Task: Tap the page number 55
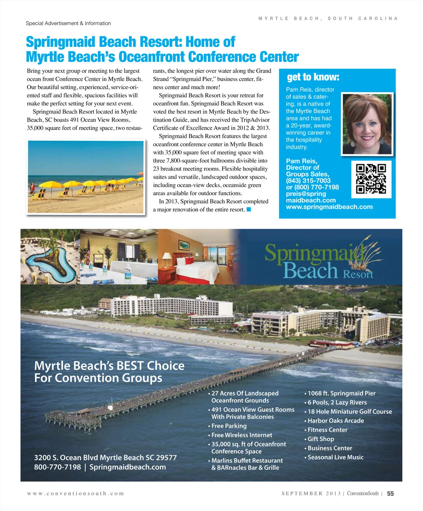(390, 493)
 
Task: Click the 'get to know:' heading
(313, 77)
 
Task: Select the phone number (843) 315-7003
(308, 180)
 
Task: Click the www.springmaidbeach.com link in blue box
(329, 207)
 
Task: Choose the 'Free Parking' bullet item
(229, 426)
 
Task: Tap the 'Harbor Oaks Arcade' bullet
(335, 420)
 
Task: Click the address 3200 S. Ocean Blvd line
(105, 457)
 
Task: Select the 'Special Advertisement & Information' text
(68, 23)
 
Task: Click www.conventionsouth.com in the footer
(75, 493)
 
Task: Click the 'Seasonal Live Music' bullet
(335, 457)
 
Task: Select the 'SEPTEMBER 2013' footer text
(311, 493)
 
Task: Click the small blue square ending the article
(249, 210)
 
